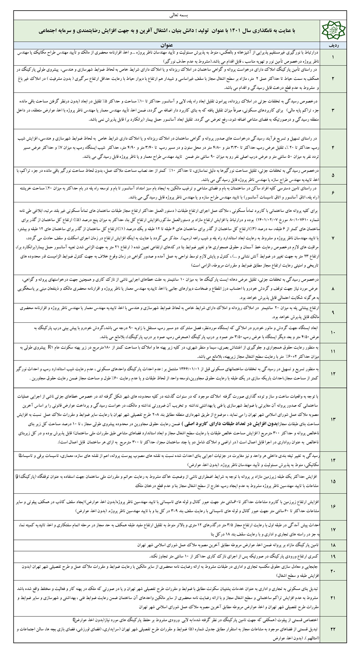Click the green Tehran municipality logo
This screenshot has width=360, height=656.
point(332,31)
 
